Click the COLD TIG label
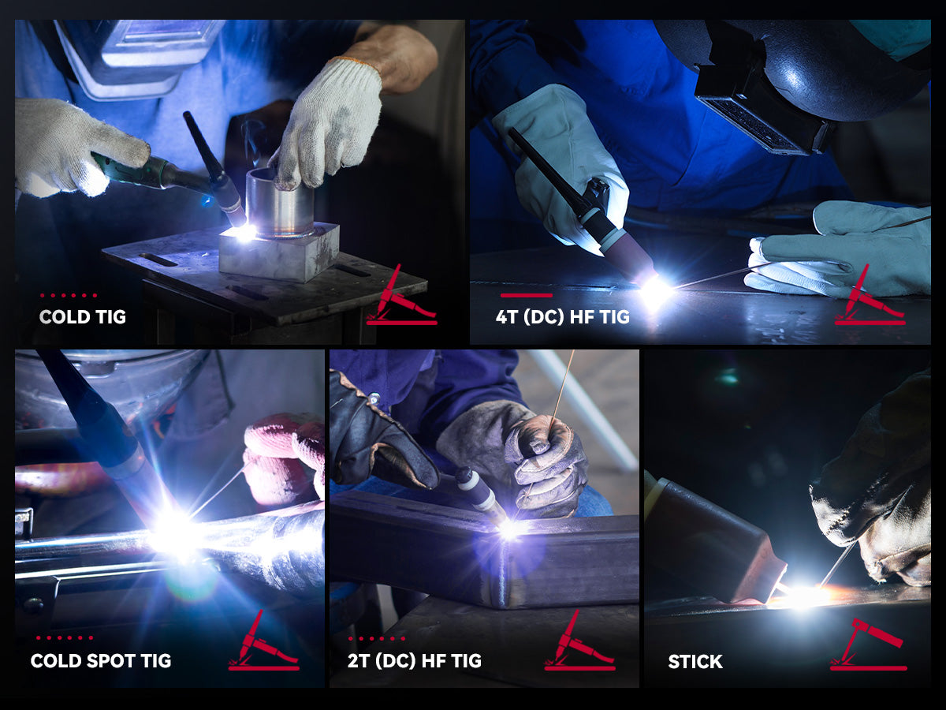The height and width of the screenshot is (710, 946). point(83,317)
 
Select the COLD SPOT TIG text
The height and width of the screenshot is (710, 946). point(101,660)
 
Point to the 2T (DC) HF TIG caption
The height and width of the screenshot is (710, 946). point(415,660)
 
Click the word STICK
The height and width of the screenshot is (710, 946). point(695,661)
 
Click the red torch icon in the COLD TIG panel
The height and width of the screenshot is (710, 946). point(401,297)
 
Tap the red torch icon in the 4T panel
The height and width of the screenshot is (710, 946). point(870,297)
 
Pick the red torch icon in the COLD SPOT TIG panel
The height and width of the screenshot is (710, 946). point(264,643)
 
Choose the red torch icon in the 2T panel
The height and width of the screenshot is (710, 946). point(579,643)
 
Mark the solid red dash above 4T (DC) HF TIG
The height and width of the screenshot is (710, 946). point(526,296)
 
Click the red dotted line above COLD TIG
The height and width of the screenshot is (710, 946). point(69,296)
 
